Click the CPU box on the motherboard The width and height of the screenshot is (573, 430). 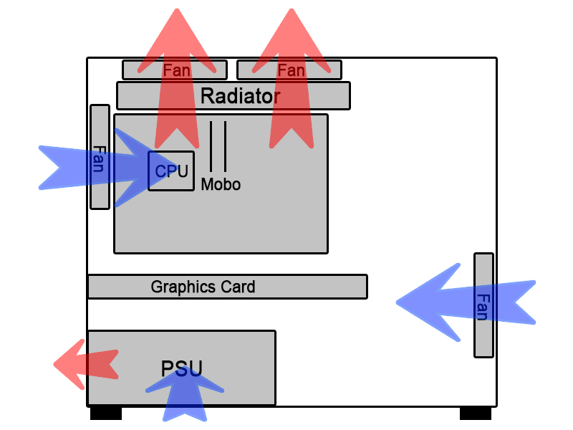(x=171, y=171)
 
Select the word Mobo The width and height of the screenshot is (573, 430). (x=221, y=185)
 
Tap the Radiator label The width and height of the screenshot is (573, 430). (x=240, y=96)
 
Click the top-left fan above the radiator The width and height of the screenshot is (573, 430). (x=175, y=70)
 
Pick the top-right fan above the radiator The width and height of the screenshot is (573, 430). (x=289, y=70)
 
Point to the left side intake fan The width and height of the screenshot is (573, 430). (x=100, y=158)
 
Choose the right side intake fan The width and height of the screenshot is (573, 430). (x=483, y=305)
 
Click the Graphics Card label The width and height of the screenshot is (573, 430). (x=203, y=287)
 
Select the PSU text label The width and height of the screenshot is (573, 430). (x=182, y=368)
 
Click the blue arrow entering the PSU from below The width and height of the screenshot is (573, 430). (x=185, y=398)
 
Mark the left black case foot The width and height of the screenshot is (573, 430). (x=106, y=414)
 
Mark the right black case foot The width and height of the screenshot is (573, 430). (x=475, y=414)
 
